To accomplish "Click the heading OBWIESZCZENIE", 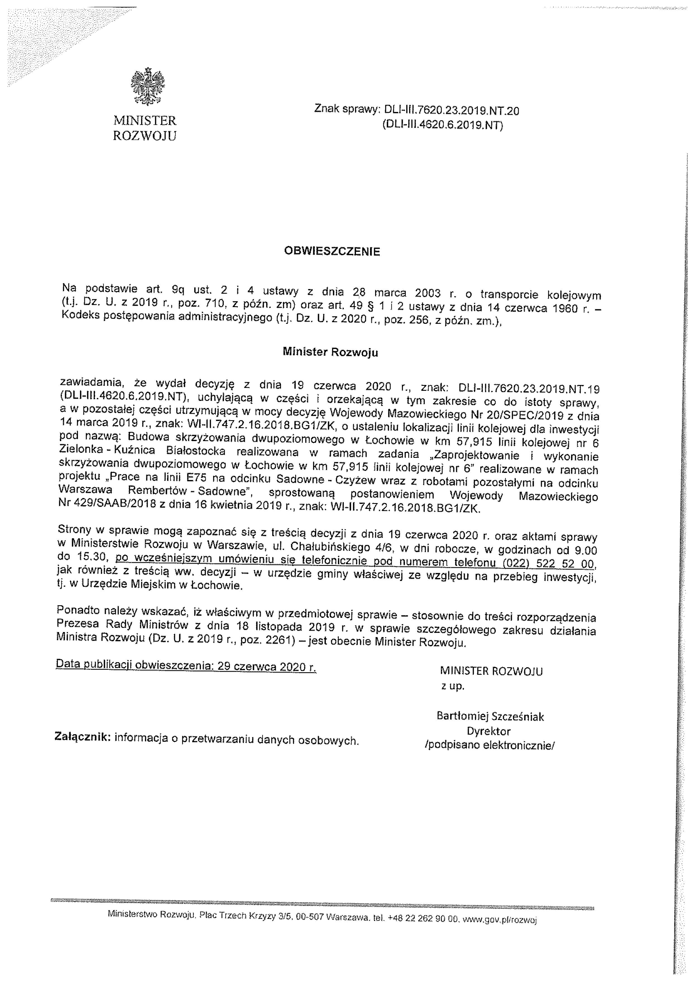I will pyautogui.click(x=332, y=251).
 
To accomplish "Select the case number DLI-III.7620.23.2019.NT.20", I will pyautogui.click(x=452, y=111).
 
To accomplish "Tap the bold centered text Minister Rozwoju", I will pyautogui.click(x=330, y=352).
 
